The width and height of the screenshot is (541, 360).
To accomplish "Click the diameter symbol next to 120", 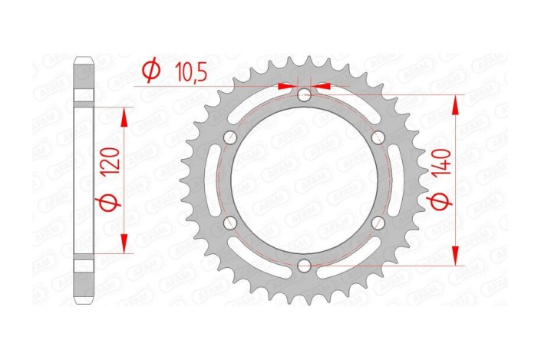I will (x=109, y=204).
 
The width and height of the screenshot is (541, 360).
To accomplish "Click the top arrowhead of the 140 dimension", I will (x=457, y=102).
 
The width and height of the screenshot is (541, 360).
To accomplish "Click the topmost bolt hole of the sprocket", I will (x=305, y=96).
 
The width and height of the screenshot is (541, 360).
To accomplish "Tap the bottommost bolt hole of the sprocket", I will (x=305, y=266).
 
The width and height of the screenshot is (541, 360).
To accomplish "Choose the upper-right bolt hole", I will (x=378, y=138).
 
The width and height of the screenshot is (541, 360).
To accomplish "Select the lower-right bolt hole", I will (x=378, y=223).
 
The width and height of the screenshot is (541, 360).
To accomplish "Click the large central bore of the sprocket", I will (x=305, y=181).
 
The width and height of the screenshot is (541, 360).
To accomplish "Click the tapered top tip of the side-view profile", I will (x=84, y=61).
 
